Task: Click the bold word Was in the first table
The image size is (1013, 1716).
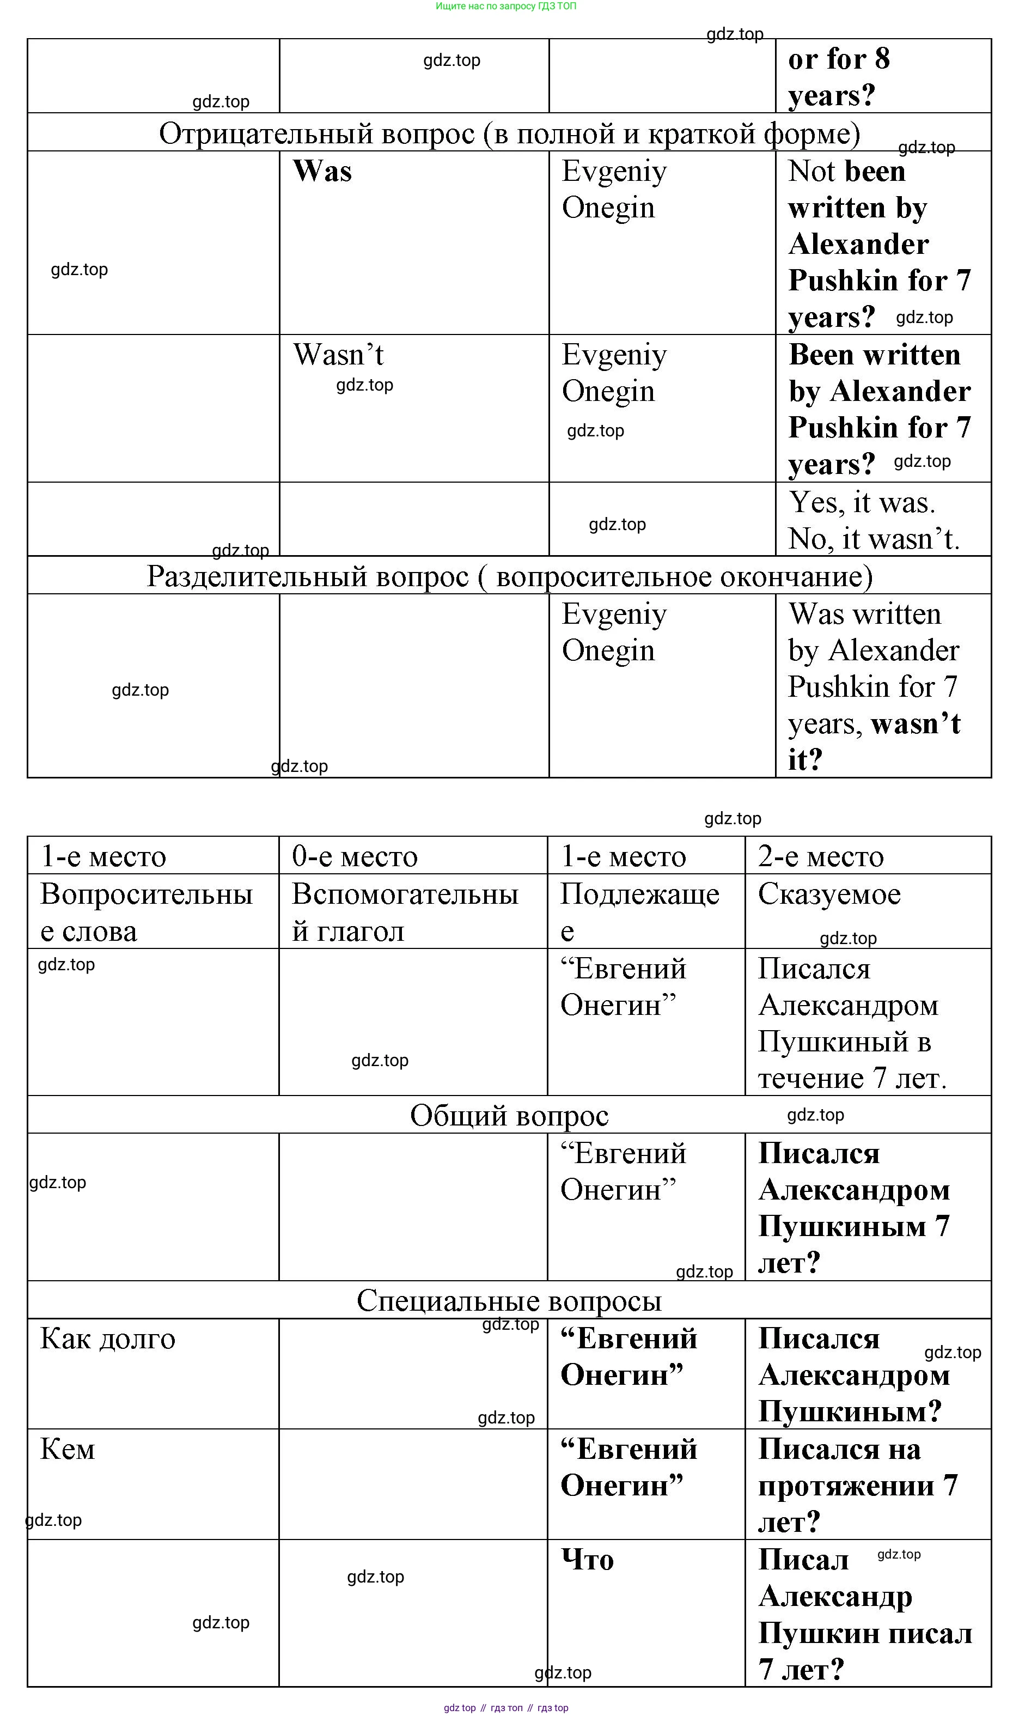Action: (x=322, y=171)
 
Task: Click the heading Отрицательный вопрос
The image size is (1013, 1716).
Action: (x=509, y=134)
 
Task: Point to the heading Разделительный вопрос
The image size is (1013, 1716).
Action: (x=509, y=577)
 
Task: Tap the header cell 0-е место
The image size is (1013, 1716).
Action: (x=354, y=856)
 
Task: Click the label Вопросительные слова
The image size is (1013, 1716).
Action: (x=146, y=912)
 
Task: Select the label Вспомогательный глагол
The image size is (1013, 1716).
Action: (x=405, y=912)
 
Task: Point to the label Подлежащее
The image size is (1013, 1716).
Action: (x=639, y=912)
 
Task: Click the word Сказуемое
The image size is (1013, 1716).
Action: (x=829, y=894)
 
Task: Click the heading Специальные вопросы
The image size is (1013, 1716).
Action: (x=509, y=1301)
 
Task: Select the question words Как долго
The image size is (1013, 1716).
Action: (x=108, y=1339)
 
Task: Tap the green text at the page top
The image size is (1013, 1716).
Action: (x=506, y=6)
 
